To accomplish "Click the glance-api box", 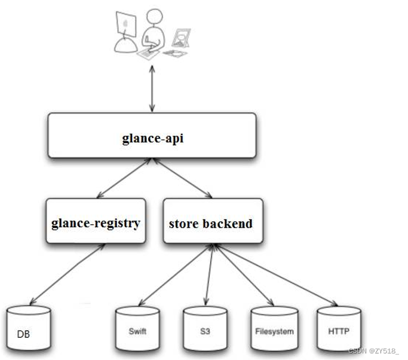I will pyautogui.click(x=152, y=136).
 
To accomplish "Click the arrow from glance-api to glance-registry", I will pyautogui.click(x=124, y=178).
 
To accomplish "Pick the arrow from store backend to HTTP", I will pyautogui.click(x=275, y=275).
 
